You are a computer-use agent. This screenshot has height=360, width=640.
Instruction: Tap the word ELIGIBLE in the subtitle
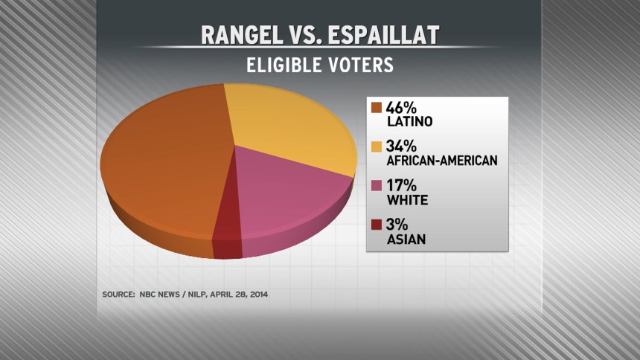tap(284, 65)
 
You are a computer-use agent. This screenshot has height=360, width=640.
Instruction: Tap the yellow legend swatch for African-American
tap(376, 147)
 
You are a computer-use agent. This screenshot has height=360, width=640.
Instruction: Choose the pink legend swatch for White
tap(376, 186)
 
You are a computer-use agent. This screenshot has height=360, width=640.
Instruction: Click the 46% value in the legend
tap(401, 107)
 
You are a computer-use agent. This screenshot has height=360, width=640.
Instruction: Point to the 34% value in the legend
tap(401, 147)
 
